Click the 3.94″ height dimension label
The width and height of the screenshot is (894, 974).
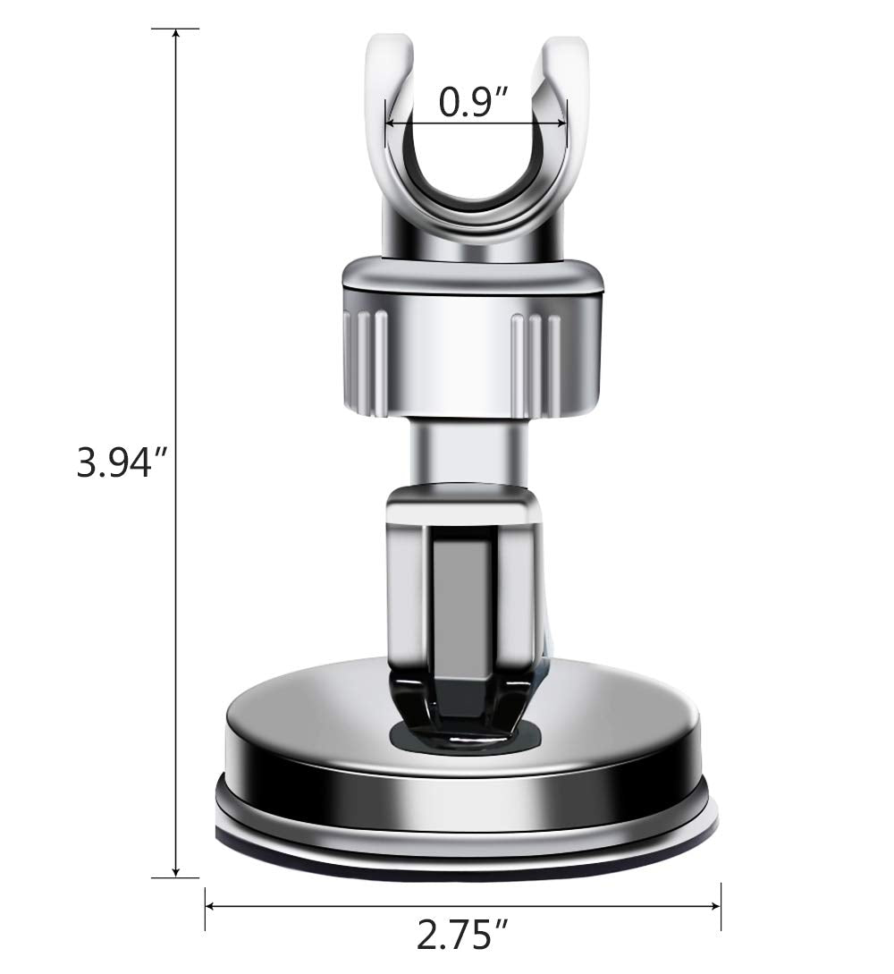pos(122,463)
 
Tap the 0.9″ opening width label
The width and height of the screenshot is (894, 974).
pos(474,103)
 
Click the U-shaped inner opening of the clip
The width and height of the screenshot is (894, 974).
pos(474,165)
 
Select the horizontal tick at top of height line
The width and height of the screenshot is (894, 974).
pos(175,30)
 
